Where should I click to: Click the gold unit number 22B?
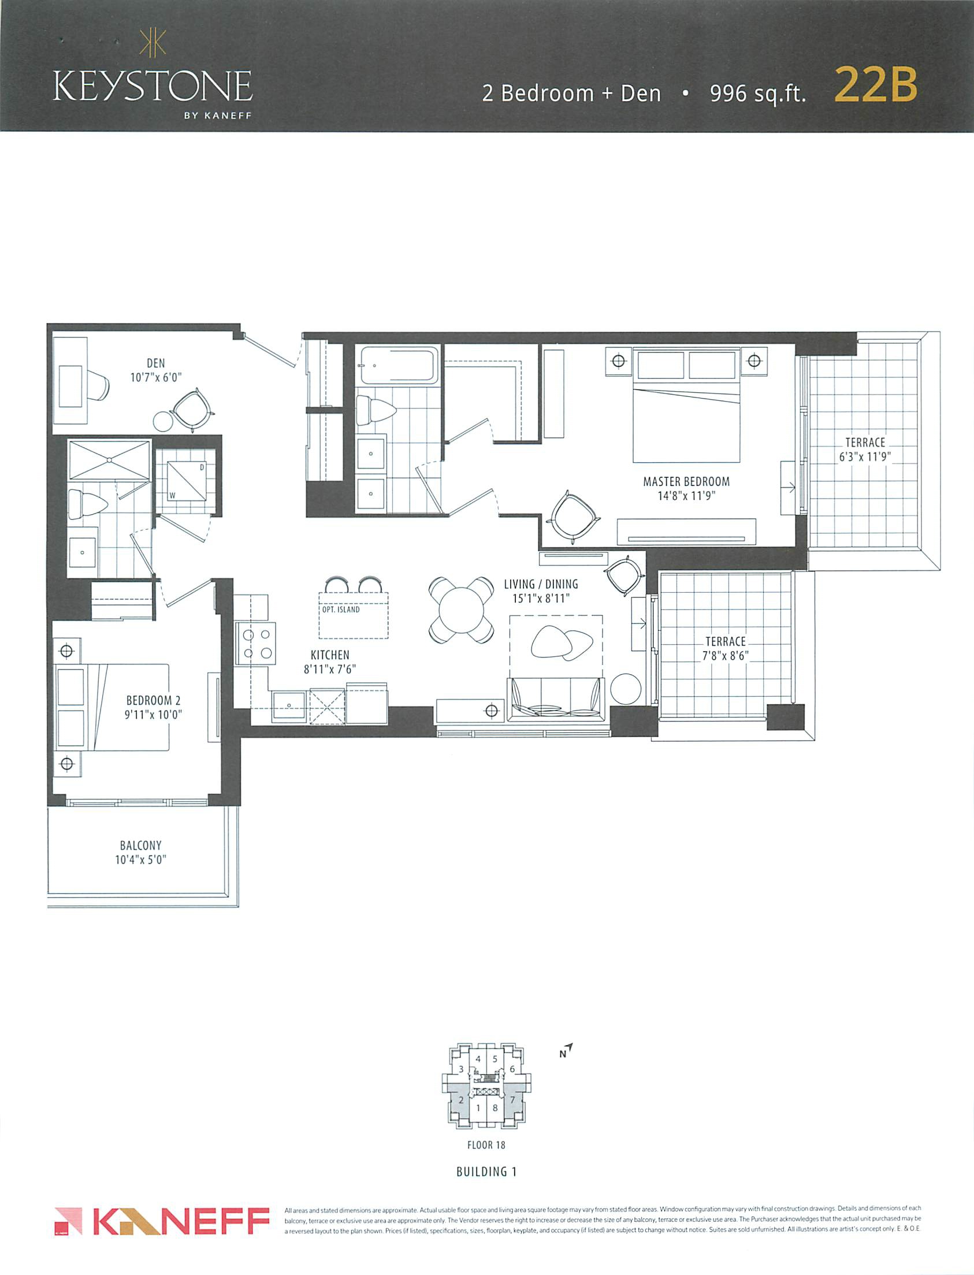[875, 86]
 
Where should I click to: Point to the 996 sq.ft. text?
[758, 94]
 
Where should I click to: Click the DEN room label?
[155, 363]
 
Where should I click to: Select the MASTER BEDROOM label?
[686, 481]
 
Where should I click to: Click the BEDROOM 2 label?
[153, 700]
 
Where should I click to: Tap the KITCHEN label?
[330, 655]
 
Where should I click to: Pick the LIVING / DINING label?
[541, 584]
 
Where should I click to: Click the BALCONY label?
[140, 845]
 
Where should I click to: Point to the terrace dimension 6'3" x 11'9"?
[865, 456]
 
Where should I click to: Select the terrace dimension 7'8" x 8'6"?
[725, 656]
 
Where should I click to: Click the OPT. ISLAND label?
[341, 609]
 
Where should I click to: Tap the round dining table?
[462, 610]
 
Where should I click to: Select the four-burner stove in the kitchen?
[255, 643]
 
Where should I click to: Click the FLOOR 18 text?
[486, 1145]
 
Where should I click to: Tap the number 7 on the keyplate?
[512, 1099]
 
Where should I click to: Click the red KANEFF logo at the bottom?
[162, 1222]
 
